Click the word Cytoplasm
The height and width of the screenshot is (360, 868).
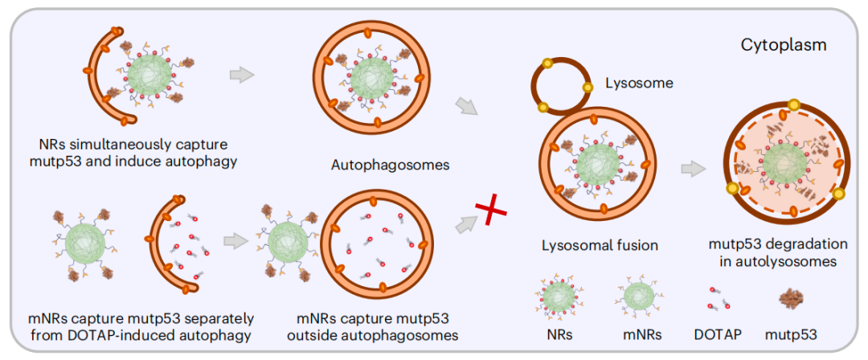tap(784, 46)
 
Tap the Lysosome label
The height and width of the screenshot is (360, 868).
tap(639, 83)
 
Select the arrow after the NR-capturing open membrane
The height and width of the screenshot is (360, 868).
tap(241, 75)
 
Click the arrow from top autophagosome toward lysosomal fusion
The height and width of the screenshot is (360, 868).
tap(465, 106)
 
